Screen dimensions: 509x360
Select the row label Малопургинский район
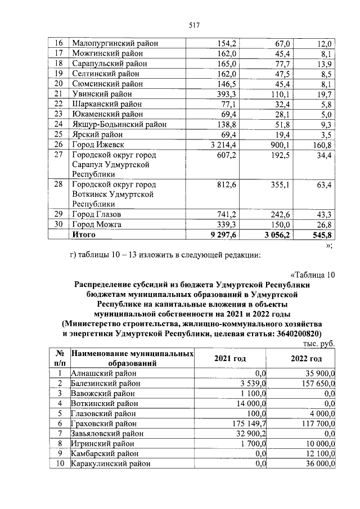point(115,43)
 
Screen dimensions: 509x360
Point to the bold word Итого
point(83,235)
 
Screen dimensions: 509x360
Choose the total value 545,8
point(323,235)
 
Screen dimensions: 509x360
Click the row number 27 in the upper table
point(58,155)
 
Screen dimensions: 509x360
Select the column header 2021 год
point(230,359)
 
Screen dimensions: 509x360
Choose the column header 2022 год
point(306,359)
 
